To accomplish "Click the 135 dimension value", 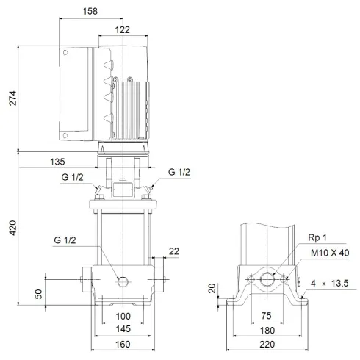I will coord(57,162).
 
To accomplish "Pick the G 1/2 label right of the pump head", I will coord(179,172).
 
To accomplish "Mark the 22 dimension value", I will coord(173,251).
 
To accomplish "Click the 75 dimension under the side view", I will coord(266,316).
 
